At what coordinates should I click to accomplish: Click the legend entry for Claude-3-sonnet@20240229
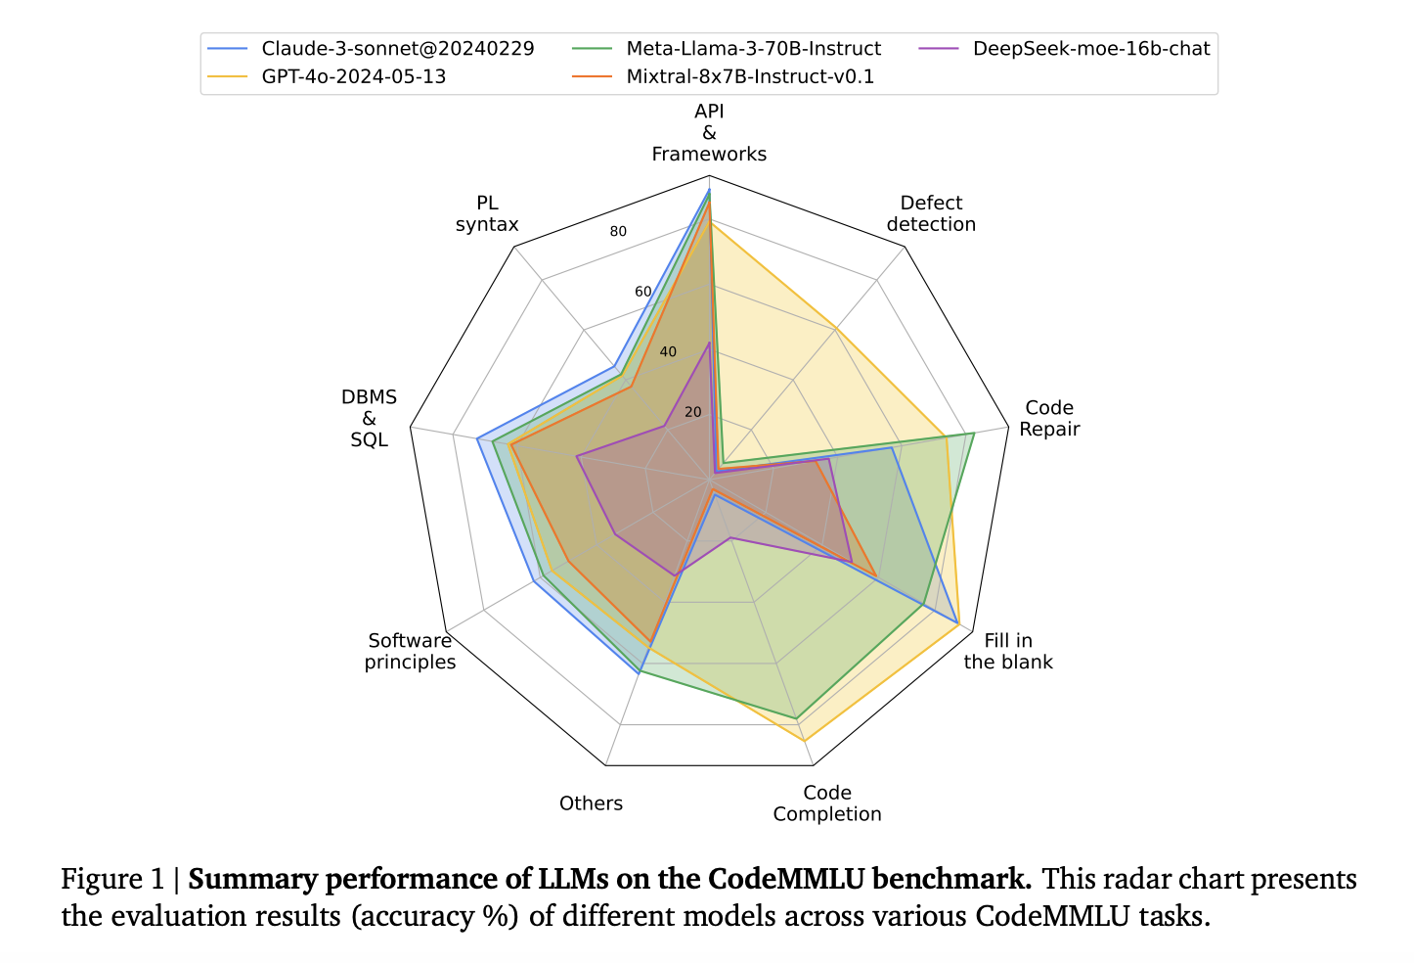point(397,49)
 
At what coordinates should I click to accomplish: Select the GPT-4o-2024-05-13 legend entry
point(353,76)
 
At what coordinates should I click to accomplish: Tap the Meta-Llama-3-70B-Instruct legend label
point(753,49)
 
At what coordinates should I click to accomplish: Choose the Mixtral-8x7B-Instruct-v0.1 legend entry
point(750,76)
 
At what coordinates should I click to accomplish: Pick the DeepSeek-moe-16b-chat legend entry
point(1091,49)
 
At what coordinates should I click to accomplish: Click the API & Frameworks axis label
point(709,133)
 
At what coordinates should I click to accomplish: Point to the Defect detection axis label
point(931,213)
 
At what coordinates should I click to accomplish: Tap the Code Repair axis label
point(1049,418)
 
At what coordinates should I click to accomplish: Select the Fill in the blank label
point(1008,651)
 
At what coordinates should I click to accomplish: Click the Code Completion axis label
point(827,802)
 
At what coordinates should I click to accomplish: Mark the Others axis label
point(591,803)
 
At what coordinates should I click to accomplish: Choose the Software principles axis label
point(410,651)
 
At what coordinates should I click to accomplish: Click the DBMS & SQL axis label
point(369,418)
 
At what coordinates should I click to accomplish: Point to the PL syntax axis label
point(487,213)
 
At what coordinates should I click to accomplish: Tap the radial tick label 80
point(618,232)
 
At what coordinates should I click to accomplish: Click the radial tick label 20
point(693,412)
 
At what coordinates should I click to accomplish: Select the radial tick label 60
point(642,292)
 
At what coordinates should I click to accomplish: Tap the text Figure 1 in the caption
point(112,879)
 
